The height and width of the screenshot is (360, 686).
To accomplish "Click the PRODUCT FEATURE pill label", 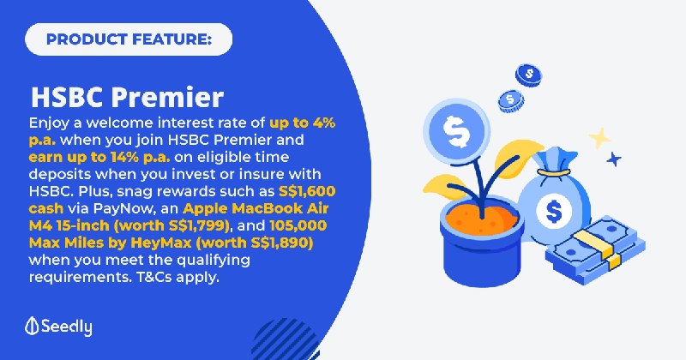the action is tap(129, 39).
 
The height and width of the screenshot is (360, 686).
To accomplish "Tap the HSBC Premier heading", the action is tap(127, 97).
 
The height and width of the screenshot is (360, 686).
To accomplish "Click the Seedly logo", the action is tap(58, 327).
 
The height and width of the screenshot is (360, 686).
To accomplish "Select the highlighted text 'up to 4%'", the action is tap(303, 123).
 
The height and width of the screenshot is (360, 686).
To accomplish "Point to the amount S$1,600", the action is tap(307, 192).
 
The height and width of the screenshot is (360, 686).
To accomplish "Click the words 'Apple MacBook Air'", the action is tap(256, 208).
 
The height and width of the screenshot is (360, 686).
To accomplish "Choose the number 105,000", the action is tap(298, 225).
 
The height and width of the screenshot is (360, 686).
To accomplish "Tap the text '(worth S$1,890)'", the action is tap(257, 243).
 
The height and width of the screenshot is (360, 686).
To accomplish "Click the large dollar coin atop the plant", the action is tap(456, 131).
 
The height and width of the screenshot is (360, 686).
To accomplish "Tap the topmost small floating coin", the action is tap(528, 75).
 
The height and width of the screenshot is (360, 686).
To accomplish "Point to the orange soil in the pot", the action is tap(481, 219).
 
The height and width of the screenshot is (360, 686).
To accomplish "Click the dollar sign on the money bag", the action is tap(554, 211).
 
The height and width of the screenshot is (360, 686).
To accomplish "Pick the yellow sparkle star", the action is tap(599, 138).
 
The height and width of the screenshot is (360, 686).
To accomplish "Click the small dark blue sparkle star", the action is tap(614, 159).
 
